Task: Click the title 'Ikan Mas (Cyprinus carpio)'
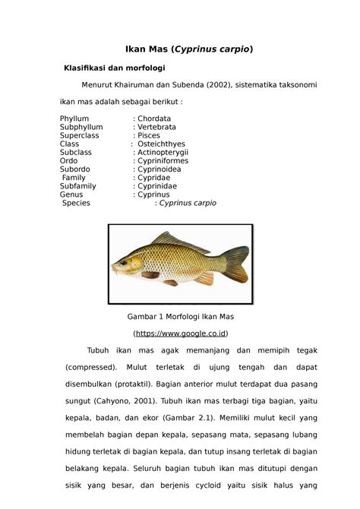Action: coord(179,49)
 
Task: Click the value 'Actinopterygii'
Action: coord(163,153)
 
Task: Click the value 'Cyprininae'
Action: coord(159,186)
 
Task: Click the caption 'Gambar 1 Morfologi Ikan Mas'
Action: coord(180,315)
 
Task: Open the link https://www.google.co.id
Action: coord(180,334)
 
